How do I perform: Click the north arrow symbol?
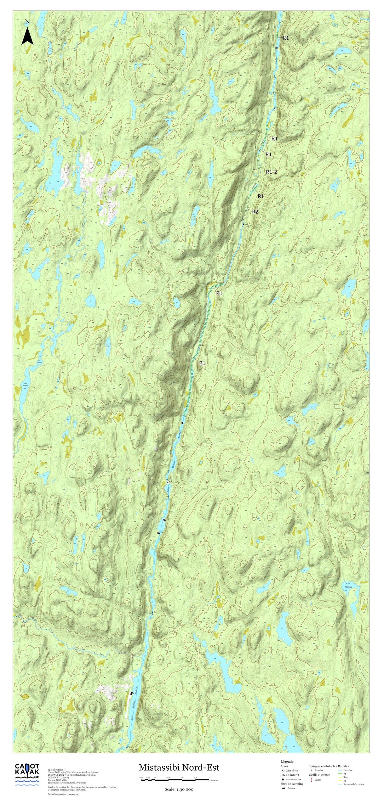click(27, 33)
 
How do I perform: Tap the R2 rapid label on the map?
click(255, 212)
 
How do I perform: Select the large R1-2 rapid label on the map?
click(271, 172)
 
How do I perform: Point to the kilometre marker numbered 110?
click(276, 93)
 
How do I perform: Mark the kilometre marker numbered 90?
click(154, 614)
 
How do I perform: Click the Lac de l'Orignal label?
click(348, 585)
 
